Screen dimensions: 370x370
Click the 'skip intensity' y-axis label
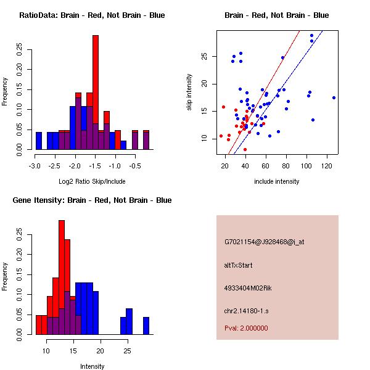click(x=189, y=92)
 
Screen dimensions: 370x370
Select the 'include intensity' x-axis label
click(x=277, y=181)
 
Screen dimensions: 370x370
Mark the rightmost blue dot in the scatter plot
click(x=334, y=97)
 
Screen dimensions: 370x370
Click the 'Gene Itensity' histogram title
click(x=92, y=200)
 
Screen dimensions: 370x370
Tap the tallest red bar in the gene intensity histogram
click(x=62, y=259)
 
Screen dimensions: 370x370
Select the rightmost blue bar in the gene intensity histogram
click(x=146, y=326)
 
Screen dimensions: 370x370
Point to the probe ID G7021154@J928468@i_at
click(x=265, y=242)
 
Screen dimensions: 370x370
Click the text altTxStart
click(x=239, y=265)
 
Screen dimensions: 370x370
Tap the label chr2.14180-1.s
click(x=247, y=310)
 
